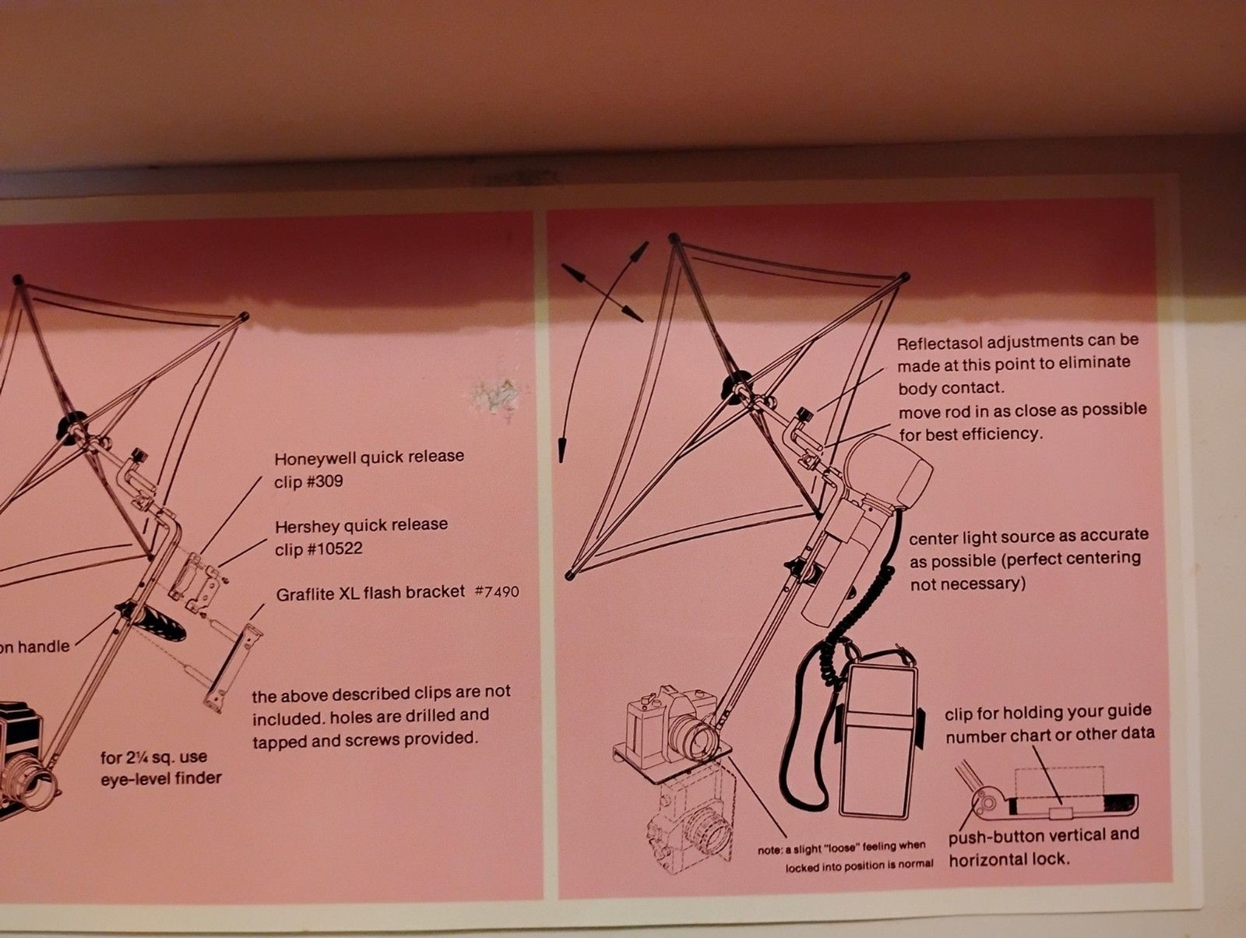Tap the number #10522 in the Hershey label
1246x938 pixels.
click(334, 549)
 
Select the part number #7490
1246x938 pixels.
click(497, 591)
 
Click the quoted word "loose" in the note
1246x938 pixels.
click(839, 848)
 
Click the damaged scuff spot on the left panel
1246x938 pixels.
click(495, 396)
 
